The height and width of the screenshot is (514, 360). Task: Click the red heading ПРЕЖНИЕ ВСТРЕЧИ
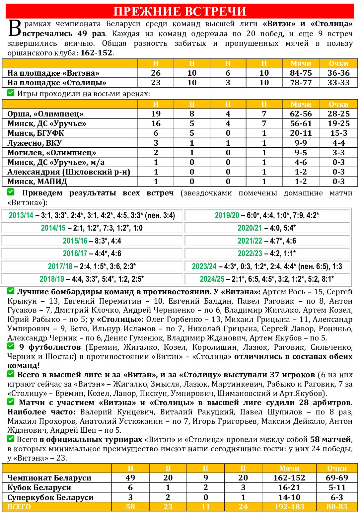180,11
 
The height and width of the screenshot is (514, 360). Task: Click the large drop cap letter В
15,28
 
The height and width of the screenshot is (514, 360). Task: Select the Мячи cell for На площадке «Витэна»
301,73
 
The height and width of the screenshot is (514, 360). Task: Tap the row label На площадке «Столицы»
57,83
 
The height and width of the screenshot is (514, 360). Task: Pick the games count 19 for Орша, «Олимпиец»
156,114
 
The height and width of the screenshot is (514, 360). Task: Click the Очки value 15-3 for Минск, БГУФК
338,133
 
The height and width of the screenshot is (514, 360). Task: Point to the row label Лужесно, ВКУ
35,143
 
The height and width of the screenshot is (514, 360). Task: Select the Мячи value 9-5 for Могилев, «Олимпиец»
301,153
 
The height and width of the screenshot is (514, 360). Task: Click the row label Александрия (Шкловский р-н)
69,172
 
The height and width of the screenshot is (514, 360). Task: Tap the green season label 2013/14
21,215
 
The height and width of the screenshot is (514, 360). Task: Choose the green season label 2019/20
227,215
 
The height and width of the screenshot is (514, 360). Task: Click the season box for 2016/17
92,254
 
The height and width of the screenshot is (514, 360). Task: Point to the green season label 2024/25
212,279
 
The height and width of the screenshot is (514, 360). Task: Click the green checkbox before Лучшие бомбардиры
11,291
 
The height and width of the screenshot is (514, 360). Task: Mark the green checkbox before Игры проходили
11,93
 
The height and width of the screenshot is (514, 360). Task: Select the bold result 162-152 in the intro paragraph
96,53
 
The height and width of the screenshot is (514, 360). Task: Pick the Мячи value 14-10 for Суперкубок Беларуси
289,497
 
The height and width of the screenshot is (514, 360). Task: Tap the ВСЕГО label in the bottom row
19,507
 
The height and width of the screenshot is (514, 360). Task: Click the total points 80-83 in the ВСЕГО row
337,507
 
